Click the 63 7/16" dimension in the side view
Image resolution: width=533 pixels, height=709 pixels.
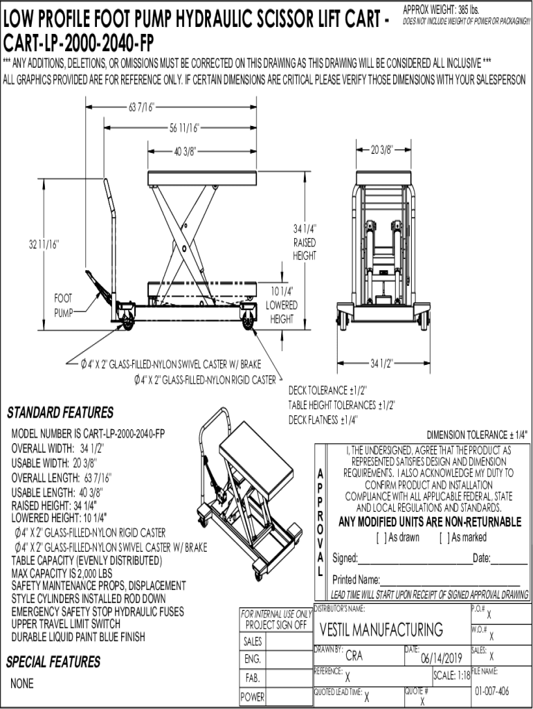click(x=141, y=107)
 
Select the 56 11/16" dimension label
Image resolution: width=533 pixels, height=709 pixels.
click(x=184, y=127)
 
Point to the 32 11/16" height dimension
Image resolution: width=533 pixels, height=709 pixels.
click(x=44, y=244)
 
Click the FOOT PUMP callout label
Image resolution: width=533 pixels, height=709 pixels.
click(x=63, y=305)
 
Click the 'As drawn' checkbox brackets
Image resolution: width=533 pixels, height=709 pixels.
click(x=379, y=537)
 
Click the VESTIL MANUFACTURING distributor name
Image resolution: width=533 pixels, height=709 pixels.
click(x=381, y=629)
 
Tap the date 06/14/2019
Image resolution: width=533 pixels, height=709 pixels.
click(x=441, y=658)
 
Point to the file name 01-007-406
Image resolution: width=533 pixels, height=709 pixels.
click(x=492, y=691)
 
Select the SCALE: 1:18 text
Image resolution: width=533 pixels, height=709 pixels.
click(x=451, y=675)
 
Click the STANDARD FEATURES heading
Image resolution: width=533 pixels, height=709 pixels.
click(x=60, y=413)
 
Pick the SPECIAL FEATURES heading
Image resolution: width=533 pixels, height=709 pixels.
click(x=53, y=662)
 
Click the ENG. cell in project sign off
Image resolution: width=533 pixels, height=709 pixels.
click(x=253, y=658)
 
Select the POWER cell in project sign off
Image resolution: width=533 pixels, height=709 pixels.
click(x=253, y=697)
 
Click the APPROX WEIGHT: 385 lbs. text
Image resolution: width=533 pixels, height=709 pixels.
click(x=440, y=10)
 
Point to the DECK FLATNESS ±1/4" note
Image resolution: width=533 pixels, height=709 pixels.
click(x=323, y=420)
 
